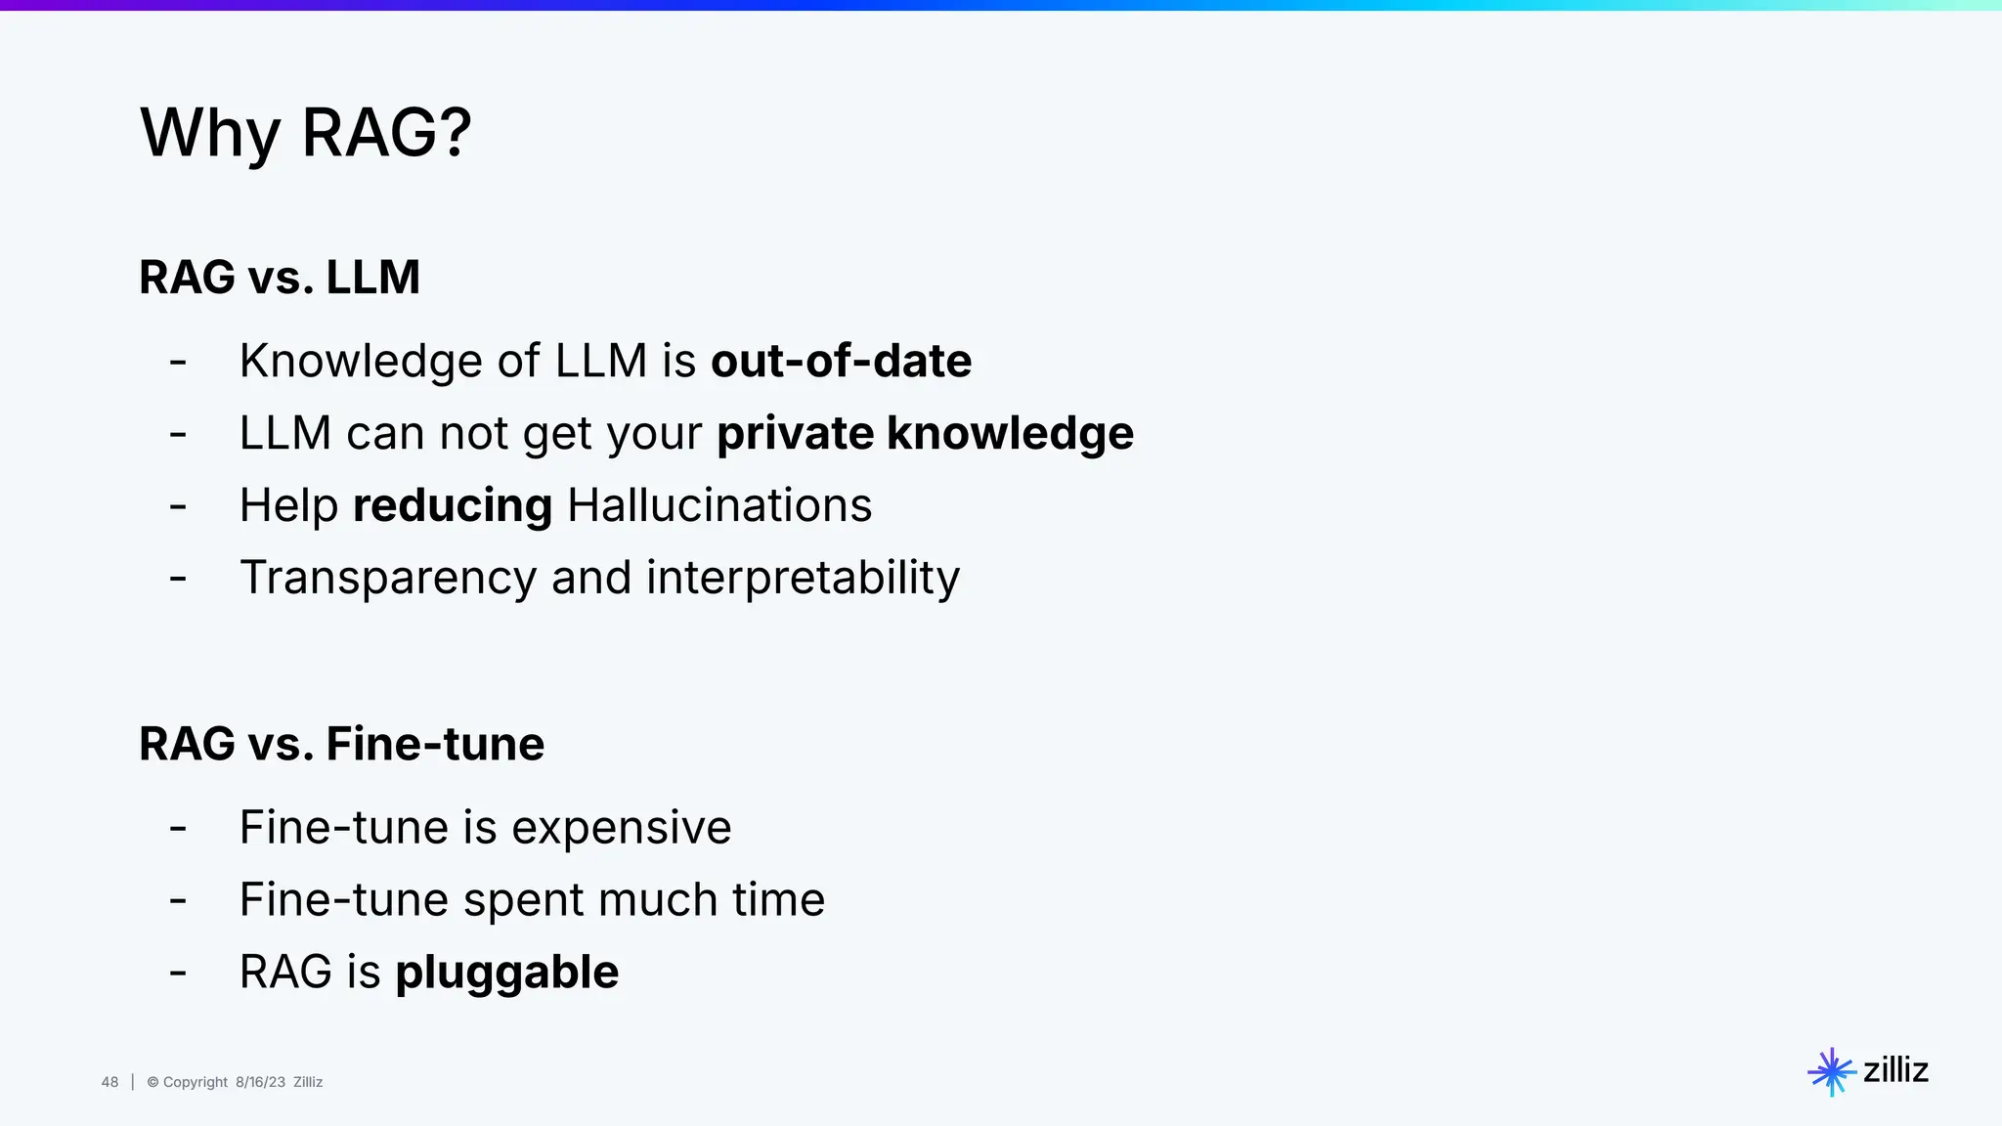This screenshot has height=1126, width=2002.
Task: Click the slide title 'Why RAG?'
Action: click(x=306, y=133)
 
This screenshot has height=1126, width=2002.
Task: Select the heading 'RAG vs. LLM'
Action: click(x=280, y=277)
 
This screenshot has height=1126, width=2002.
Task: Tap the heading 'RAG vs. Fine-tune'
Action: click(x=341, y=744)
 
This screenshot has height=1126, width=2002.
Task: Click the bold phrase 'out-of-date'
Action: click(x=841, y=361)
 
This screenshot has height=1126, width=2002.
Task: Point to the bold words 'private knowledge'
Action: click(x=925, y=433)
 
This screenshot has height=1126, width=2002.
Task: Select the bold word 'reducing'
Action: click(x=452, y=505)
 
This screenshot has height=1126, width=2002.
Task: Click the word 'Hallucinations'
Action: click(x=719, y=505)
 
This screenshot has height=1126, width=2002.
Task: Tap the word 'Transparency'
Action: click(x=388, y=578)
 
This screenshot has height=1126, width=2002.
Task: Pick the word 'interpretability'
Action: click(x=803, y=578)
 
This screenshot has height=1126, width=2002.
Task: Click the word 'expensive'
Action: click(x=621, y=828)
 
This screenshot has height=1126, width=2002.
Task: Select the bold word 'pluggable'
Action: click(x=506, y=973)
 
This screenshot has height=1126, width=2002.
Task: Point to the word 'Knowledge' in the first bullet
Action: click(x=361, y=361)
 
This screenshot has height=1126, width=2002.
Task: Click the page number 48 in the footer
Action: click(x=109, y=1082)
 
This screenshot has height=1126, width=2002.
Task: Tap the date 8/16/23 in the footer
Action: click(x=260, y=1082)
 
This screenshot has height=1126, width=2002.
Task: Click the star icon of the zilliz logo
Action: click(x=1831, y=1072)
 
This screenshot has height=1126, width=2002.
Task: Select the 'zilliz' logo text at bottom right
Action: click(x=1895, y=1070)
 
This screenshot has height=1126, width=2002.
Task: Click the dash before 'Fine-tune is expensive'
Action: click(x=178, y=829)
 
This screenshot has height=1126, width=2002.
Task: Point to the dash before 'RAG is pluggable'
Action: click(x=178, y=974)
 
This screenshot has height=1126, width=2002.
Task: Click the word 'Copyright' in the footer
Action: click(x=195, y=1082)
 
